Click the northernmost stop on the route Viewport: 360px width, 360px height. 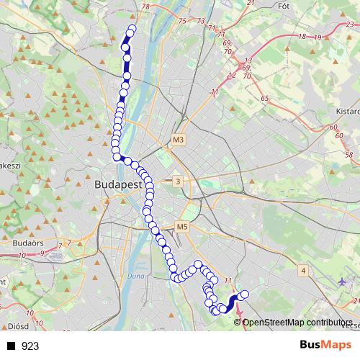coord(132,30)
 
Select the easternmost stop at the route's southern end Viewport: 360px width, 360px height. coord(244,294)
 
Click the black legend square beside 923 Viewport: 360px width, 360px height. coord(11,346)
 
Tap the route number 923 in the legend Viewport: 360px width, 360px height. coord(30,346)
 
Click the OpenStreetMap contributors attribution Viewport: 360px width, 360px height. coord(297,322)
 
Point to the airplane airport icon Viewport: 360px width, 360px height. coord(341,282)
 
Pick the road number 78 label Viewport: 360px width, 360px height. coord(146,6)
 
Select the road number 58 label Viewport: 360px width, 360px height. coord(349,155)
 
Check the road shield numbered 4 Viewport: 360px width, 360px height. coord(304,270)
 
